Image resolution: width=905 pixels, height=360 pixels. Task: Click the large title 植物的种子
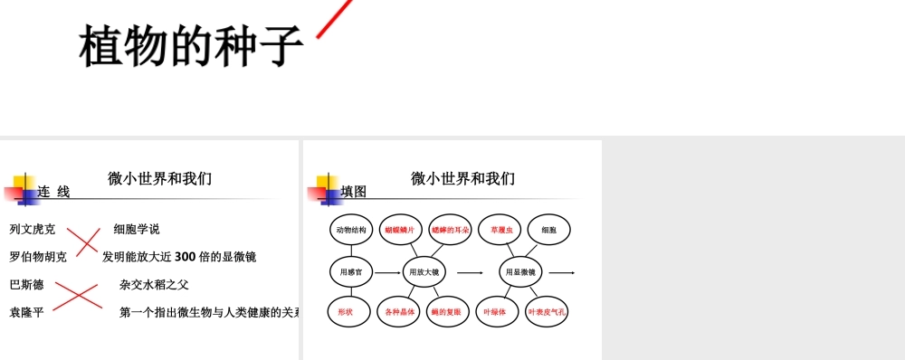[x=191, y=45]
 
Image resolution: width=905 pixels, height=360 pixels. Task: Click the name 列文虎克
[x=33, y=230]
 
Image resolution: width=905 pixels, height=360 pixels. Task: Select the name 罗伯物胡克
[x=38, y=257]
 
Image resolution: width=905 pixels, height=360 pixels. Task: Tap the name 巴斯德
[x=27, y=285]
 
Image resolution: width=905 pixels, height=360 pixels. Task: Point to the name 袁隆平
[x=27, y=313]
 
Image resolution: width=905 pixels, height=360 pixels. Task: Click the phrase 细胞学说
[x=137, y=230]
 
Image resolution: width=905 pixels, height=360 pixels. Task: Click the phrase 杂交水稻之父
[x=154, y=285]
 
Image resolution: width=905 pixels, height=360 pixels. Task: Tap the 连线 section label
[x=53, y=192]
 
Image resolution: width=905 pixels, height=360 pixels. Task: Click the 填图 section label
[x=354, y=192]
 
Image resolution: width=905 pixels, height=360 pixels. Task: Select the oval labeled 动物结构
[x=351, y=230]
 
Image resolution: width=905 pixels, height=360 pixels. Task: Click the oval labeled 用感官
[x=351, y=271]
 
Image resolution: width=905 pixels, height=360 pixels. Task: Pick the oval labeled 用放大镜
[x=424, y=271]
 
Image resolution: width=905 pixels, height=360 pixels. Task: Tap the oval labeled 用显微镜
[x=520, y=271]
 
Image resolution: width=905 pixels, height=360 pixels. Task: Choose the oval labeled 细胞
[x=548, y=230]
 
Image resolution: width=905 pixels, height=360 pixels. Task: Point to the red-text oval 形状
[x=346, y=311]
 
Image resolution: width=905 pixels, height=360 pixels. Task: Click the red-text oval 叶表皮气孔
[x=547, y=311]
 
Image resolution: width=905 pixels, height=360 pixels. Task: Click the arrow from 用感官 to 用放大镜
[x=387, y=271]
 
